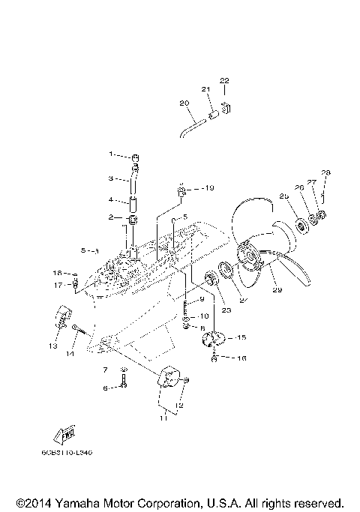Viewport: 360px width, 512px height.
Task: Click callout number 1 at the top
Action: click(110, 154)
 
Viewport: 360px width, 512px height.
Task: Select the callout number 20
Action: click(184, 103)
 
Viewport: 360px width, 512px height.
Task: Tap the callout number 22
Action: click(224, 80)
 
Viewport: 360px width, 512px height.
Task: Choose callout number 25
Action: click(284, 196)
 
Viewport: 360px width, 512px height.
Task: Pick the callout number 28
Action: click(325, 173)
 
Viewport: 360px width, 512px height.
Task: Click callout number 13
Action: click(53, 347)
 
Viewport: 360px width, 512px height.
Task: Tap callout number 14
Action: click(70, 352)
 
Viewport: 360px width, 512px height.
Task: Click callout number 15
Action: click(241, 338)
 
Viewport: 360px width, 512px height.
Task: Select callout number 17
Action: click(56, 286)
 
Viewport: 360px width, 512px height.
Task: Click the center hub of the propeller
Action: click(250, 259)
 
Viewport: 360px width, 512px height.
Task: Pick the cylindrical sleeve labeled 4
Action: click(133, 202)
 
